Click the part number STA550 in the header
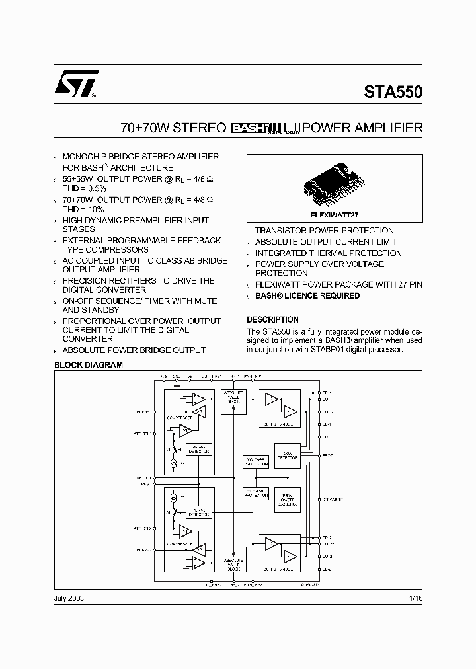[x=393, y=93]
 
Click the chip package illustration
[x=334, y=186]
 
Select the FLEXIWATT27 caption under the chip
[x=334, y=215]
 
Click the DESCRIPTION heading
[x=272, y=319]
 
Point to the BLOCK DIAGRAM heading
[x=88, y=365]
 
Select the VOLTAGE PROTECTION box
[x=256, y=462]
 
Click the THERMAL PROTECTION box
[x=256, y=494]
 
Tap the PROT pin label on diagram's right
[x=327, y=455]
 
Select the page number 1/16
[x=415, y=598]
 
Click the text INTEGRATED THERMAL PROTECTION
[x=328, y=253]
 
